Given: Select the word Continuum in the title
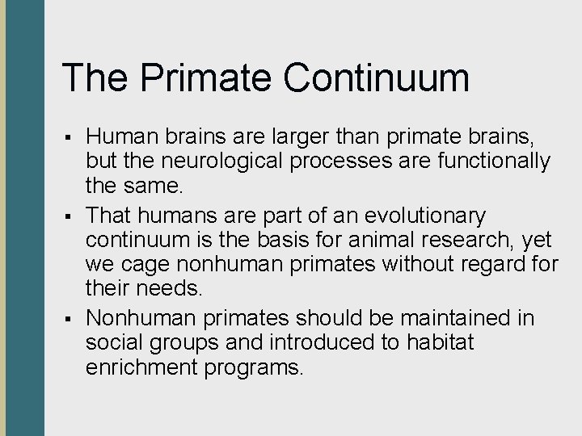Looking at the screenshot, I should click(x=377, y=78).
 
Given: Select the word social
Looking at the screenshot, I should click(x=110, y=342).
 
